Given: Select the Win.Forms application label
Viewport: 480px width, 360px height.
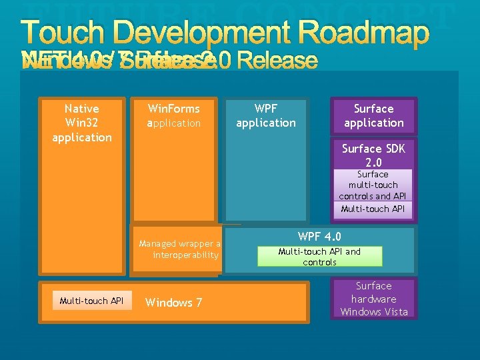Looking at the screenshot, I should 174,115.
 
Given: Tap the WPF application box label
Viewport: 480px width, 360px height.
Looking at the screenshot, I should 266,115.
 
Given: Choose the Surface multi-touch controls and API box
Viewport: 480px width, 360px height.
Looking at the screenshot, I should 373,185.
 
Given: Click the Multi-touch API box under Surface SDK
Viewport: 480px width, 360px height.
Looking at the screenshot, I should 373,209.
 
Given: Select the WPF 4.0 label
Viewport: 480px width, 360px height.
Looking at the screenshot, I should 320,236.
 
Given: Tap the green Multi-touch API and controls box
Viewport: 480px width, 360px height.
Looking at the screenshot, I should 320,257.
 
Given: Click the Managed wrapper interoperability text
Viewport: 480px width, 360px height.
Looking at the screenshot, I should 180,249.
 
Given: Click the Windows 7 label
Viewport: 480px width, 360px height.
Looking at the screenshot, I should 173,303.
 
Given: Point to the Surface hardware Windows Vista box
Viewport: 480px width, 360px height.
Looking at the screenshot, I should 373,299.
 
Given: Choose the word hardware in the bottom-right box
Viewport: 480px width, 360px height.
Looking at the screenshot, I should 373,299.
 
